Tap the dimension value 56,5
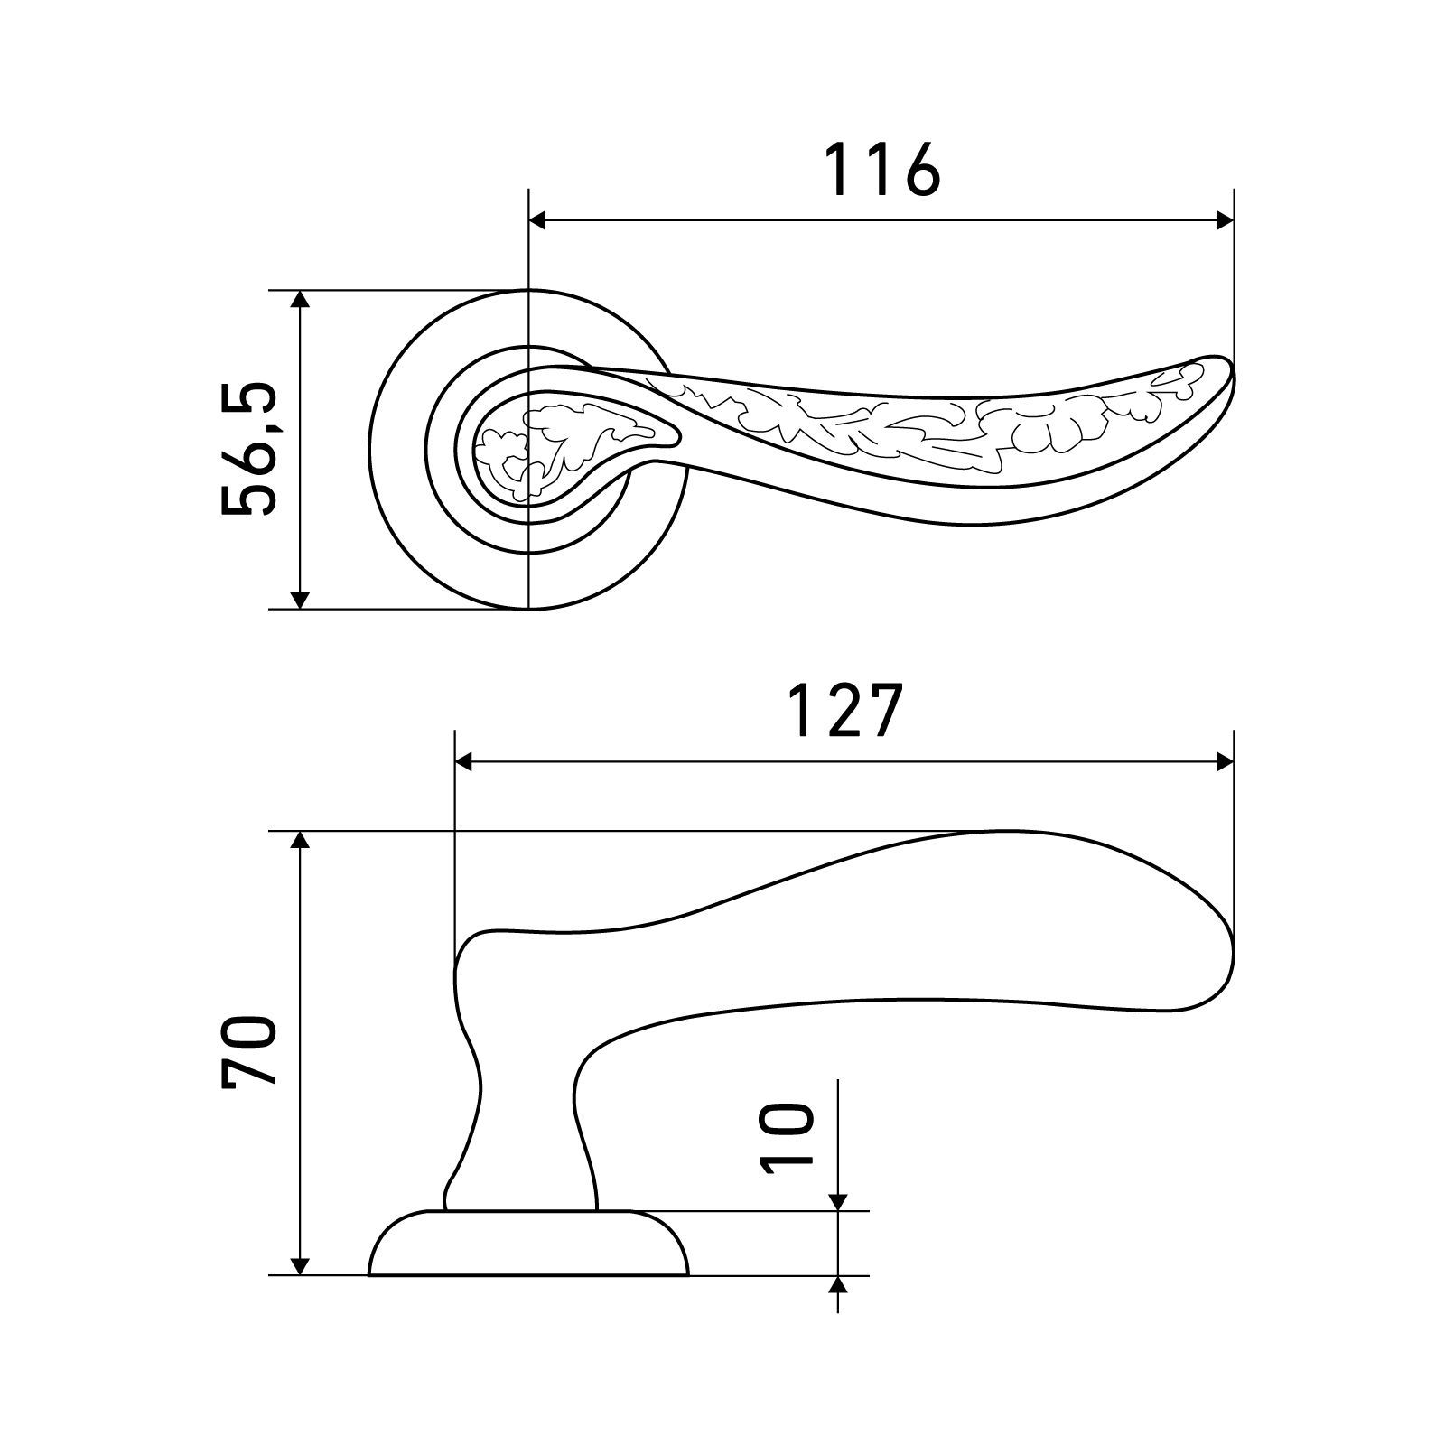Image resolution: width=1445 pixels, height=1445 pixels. (x=247, y=449)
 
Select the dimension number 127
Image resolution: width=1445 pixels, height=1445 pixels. (x=845, y=711)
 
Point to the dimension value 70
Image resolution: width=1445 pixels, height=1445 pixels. (x=247, y=1049)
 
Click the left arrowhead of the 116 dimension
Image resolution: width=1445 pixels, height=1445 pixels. (x=538, y=220)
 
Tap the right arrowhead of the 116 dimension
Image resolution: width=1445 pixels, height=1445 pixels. (x=1224, y=220)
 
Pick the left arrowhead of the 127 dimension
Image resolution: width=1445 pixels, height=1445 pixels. (x=465, y=763)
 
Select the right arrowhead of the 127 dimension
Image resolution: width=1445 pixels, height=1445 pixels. (x=1224, y=763)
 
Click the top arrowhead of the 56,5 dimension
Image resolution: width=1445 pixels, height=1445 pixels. (x=302, y=301)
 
